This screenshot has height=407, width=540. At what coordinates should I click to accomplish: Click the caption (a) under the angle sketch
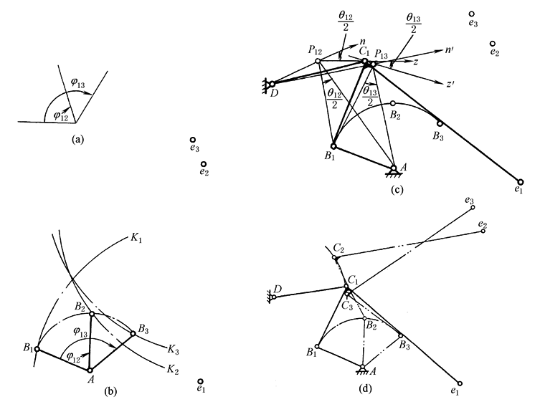pyautogui.click(x=79, y=140)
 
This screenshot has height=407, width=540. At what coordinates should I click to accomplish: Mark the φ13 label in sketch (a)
pyautogui.click(x=77, y=82)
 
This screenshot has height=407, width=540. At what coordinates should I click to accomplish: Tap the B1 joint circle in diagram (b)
pyautogui.click(x=37, y=349)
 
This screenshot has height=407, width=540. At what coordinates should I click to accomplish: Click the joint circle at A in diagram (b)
pyautogui.click(x=90, y=370)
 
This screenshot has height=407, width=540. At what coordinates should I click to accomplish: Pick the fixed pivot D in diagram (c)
pyautogui.click(x=272, y=84)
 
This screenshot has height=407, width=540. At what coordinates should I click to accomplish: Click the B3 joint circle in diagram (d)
pyautogui.click(x=400, y=335)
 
